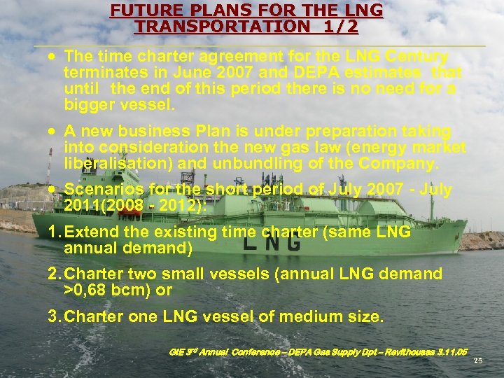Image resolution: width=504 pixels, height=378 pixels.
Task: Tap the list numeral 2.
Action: tap(53, 274)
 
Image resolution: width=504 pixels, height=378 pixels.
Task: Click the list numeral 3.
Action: tap(53, 316)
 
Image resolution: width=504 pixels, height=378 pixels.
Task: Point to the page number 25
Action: tap(478, 360)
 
